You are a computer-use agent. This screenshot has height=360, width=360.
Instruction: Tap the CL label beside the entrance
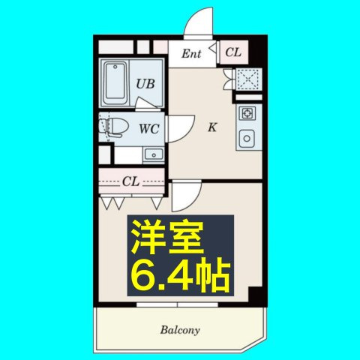pos(232,52)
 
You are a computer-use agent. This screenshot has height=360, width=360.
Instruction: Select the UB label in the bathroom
pos(145,84)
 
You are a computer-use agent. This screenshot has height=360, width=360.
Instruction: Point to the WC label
pos(148,127)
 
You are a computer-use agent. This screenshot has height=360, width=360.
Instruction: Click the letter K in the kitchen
pos(212,127)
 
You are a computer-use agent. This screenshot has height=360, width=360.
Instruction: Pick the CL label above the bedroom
pos(131,181)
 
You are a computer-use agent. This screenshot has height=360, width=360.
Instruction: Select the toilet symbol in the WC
pos(112,127)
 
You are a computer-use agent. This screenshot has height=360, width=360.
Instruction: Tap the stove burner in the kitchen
pos(247,114)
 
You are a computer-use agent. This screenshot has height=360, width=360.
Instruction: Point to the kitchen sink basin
pos(247,139)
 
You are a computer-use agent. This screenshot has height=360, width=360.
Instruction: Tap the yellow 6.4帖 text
pos(180,277)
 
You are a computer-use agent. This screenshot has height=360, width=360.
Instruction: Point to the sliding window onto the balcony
pos(178,304)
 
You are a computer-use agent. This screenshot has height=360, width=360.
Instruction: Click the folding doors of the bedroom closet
pos(131,202)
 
